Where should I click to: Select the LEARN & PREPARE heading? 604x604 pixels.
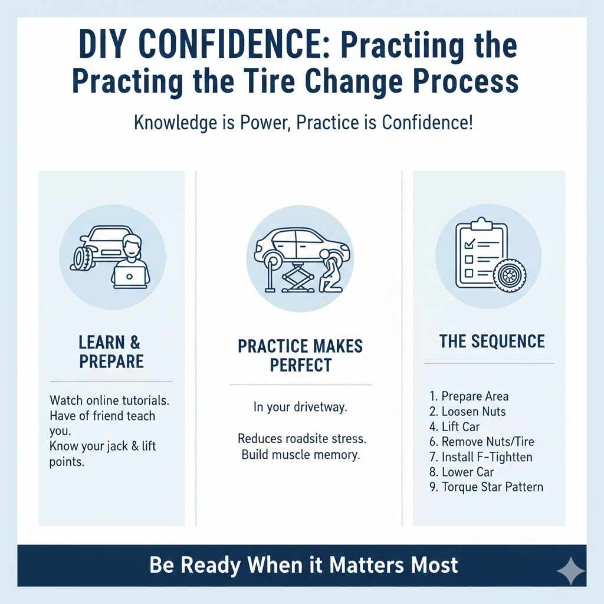click(111, 352)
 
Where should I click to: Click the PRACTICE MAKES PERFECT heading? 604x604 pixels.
click(300, 355)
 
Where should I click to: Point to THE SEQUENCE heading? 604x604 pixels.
click(492, 342)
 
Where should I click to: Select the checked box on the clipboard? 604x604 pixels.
click(470, 243)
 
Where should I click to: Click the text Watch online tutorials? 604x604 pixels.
click(110, 400)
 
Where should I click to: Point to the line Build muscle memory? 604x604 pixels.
click(300, 455)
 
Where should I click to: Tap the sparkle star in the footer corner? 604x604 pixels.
click(570, 571)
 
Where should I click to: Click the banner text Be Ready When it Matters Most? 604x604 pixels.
click(303, 565)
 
